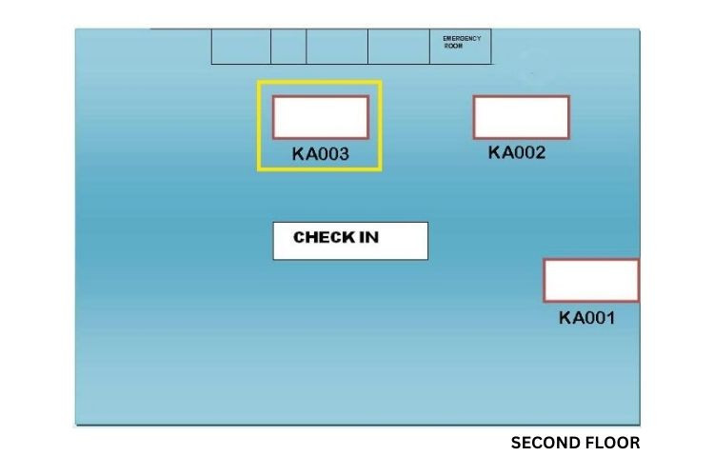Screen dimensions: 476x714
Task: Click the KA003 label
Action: click(321, 154)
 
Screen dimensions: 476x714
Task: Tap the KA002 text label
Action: click(517, 152)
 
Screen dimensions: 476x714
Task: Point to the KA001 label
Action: click(586, 318)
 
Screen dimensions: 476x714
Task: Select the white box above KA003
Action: click(321, 117)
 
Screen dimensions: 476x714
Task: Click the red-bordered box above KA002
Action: click(521, 117)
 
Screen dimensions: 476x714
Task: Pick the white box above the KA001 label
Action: click(591, 280)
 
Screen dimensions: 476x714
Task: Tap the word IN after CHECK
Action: click(368, 237)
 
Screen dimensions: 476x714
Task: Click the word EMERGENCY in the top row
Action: click(462, 38)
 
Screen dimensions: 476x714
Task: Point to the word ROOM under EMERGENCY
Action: click(453, 45)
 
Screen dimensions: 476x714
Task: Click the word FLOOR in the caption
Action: click(615, 443)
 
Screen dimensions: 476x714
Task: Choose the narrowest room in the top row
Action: click(288, 47)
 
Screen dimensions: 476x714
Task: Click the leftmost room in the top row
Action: click(241, 47)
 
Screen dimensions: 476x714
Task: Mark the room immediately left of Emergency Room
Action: click(398, 47)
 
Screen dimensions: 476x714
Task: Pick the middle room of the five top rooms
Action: click(337, 47)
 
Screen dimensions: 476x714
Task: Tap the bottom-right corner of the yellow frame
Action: click(380, 169)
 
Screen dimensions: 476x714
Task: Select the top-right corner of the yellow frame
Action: click(380, 82)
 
